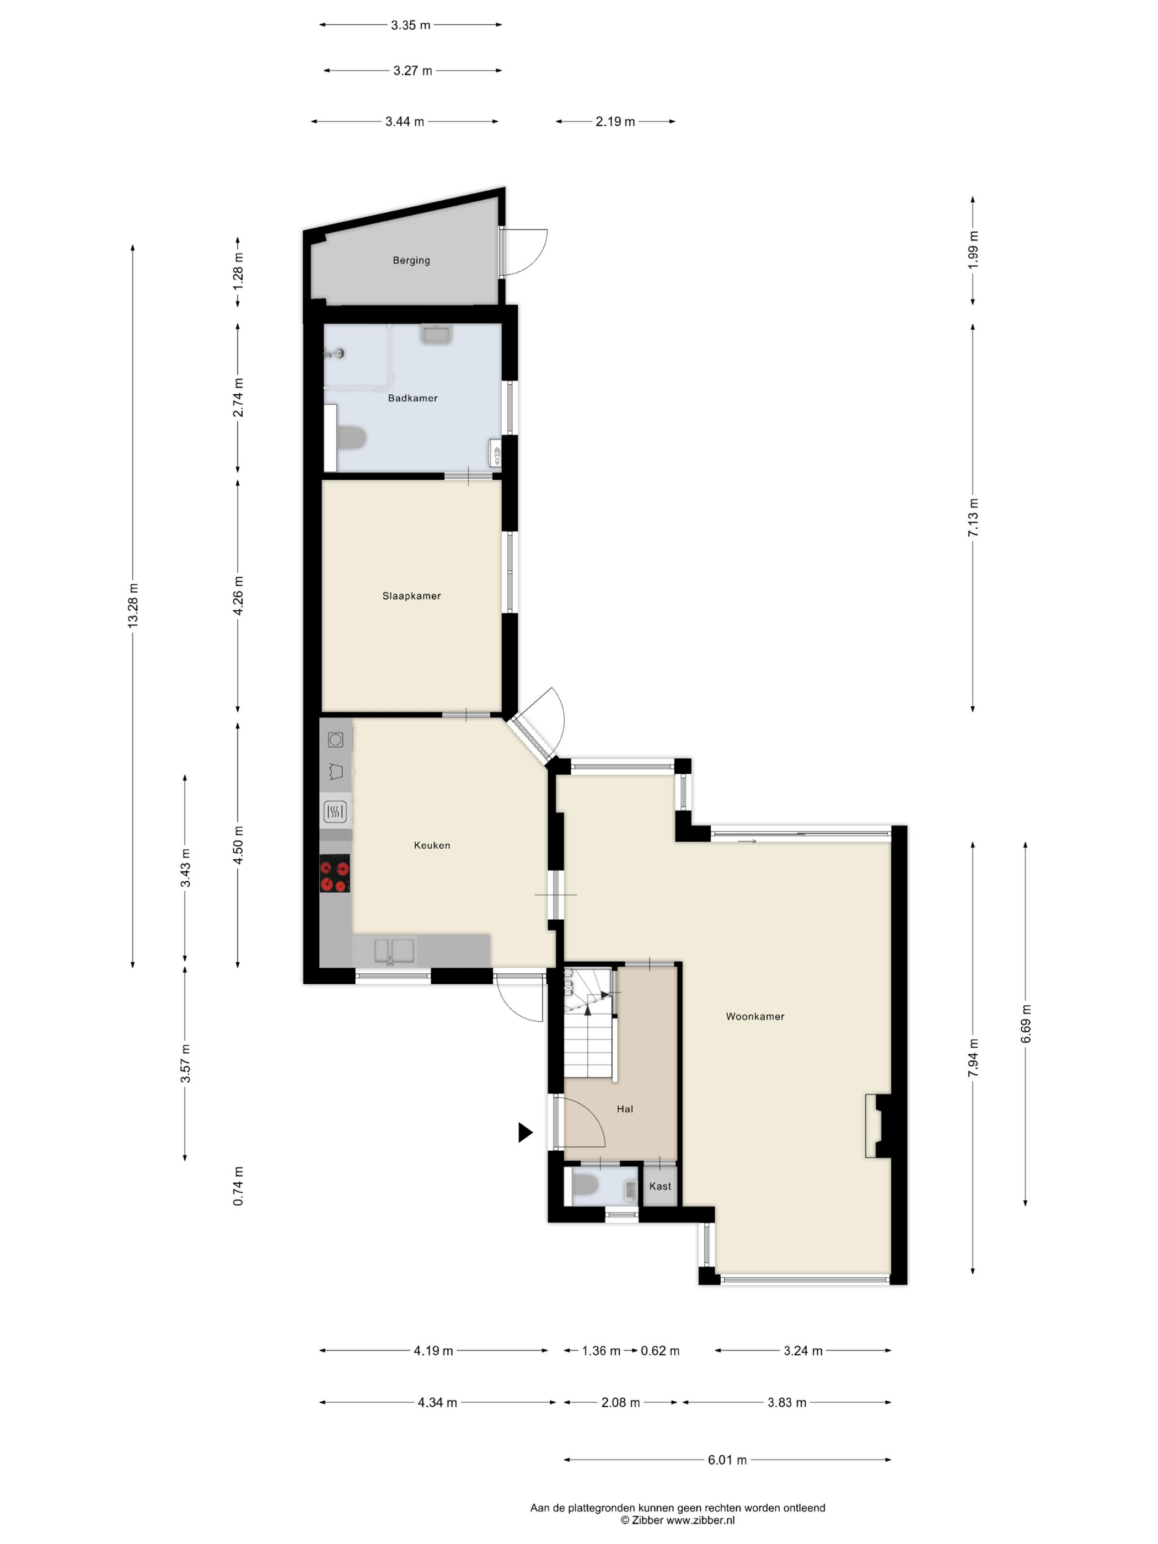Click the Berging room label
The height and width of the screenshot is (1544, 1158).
(411, 260)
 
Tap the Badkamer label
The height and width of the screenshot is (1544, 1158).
(412, 398)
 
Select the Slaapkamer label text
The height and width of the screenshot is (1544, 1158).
(411, 596)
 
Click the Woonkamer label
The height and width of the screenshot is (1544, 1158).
(754, 1016)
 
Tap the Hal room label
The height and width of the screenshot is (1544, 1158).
(625, 1108)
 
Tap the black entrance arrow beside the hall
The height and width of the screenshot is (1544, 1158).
(525, 1132)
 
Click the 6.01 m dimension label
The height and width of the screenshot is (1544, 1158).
(727, 1460)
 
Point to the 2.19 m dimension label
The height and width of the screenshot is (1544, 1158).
(615, 121)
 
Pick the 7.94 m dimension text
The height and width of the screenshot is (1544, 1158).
(973, 1058)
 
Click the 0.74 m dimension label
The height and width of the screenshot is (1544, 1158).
(238, 1186)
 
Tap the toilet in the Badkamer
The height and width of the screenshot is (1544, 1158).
(352, 438)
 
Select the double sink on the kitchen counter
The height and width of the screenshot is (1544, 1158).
(394, 951)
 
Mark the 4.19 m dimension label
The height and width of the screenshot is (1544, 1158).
(433, 1350)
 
